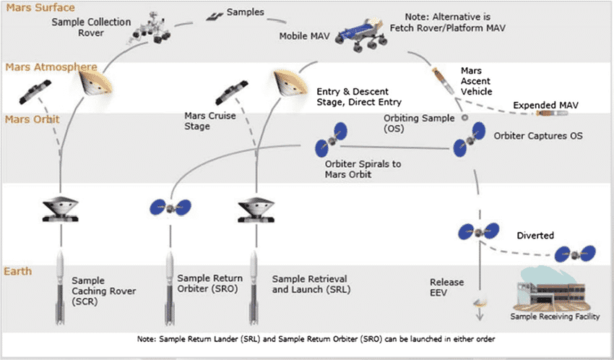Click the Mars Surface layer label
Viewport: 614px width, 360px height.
[40, 7]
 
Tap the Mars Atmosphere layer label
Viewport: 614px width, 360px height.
[51, 67]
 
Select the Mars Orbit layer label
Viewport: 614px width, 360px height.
[32, 119]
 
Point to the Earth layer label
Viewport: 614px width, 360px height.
[18, 271]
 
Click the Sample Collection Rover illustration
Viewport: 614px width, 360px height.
[151, 28]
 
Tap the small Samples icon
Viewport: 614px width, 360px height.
[215, 17]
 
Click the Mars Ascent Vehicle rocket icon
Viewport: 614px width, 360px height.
[444, 81]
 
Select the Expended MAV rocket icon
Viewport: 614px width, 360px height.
[552, 113]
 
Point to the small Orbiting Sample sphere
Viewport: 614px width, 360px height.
[464, 117]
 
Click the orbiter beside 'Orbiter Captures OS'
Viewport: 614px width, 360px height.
[470, 140]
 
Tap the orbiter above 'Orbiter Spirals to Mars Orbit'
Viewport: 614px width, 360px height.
[332, 140]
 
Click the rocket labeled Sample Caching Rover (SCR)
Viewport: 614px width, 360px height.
[60, 288]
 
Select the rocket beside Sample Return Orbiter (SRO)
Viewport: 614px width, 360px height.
[170, 288]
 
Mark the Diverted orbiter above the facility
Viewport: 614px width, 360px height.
[575, 254]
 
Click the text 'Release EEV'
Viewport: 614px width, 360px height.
[447, 288]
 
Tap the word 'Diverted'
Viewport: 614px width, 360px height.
[535, 236]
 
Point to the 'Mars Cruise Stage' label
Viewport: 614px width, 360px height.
[210, 121]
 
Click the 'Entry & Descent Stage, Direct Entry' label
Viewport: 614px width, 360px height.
[359, 97]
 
